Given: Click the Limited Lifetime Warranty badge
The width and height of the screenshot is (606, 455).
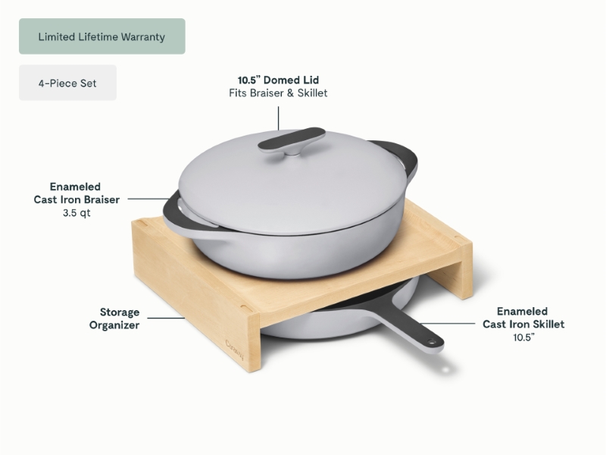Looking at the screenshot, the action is coord(102,36).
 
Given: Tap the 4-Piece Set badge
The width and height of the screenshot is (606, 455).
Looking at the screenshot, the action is coord(67,83).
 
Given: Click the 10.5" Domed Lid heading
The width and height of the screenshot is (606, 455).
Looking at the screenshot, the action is coord(278,80).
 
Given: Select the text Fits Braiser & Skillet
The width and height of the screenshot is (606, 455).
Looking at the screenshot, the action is coord(278,93).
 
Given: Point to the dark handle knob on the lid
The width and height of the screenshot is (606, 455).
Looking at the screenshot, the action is coord(292,140).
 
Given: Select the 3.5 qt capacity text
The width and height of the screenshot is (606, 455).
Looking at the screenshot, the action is coord(77,213).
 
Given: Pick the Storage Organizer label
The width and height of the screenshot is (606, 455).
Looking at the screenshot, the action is coord(114,318).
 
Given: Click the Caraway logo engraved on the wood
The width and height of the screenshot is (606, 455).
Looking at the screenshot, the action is coord(235,348).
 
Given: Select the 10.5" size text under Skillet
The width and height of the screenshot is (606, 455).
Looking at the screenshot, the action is coord(523,337).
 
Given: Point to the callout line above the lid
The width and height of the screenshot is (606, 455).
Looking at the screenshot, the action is coord(278,118).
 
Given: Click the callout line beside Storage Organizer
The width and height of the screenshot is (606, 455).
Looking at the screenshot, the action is coord(166,318).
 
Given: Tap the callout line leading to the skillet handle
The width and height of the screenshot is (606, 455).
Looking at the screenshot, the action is coord(448,323).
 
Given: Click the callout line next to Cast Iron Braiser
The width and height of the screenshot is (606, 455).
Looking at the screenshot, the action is coord(148,199).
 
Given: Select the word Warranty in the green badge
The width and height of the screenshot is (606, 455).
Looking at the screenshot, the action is coord(143,36).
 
